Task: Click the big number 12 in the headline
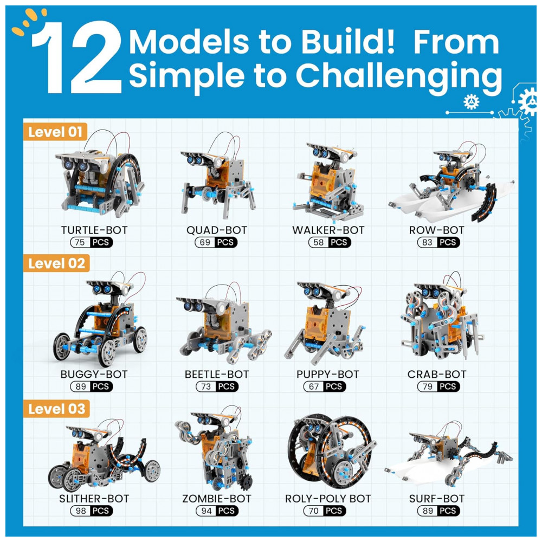(x=77, y=57)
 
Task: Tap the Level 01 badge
(x=55, y=132)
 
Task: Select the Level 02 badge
(x=56, y=263)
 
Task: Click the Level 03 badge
(x=56, y=409)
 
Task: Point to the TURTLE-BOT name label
(x=94, y=230)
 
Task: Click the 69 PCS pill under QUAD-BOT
(x=216, y=242)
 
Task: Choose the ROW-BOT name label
(x=436, y=230)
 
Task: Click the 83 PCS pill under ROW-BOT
(x=438, y=242)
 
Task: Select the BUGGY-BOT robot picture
(x=100, y=319)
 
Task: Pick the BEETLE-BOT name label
(x=217, y=375)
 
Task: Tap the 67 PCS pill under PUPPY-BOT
(x=325, y=386)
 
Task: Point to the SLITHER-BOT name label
(x=94, y=499)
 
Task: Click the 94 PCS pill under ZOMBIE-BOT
(x=217, y=511)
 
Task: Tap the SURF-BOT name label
(x=437, y=499)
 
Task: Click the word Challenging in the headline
(x=398, y=77)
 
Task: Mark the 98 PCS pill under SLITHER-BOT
(x=92, y=511)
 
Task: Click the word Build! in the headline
(x=348, y=42)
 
